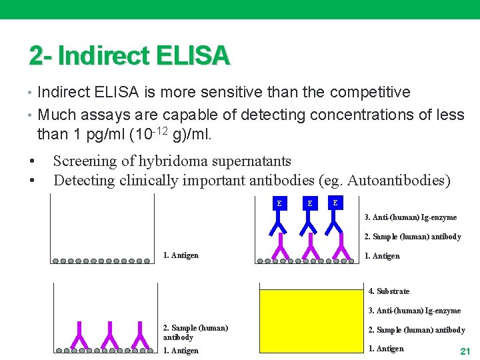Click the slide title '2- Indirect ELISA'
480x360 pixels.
tap(129, 56)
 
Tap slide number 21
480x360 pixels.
tap(466, 351)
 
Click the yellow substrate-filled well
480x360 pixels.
tap(310, 321)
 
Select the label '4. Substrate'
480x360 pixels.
tap(390, 291)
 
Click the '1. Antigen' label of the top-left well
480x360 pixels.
tap(181, 255)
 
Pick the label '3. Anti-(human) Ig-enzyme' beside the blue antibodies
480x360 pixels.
tap(411, 217)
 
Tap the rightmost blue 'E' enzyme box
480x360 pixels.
tap(335, 202)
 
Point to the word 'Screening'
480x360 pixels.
tap(84, 161)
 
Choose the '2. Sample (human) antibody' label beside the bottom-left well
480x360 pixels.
tap(195, 332)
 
